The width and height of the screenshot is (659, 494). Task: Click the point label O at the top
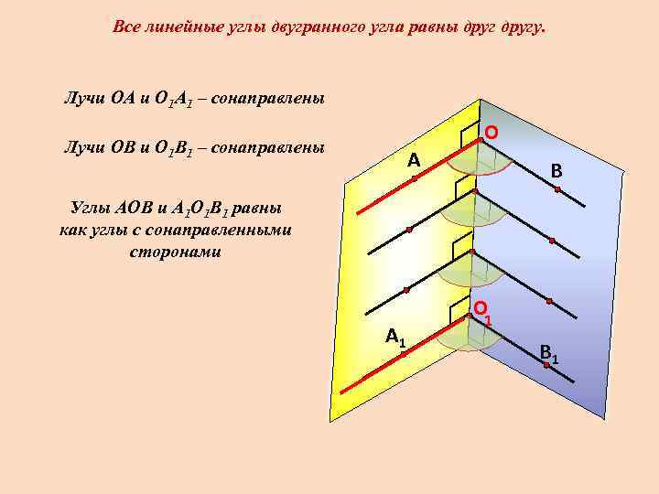tap(492, 134)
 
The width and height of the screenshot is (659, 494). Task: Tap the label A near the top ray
tap(414, 161)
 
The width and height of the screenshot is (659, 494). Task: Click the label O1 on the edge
tap(482, 311)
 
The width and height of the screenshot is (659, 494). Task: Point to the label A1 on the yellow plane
tap(395, 337)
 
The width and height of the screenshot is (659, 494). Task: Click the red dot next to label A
tap(414, 179)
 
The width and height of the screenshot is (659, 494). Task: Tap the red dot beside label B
tap(556, 188)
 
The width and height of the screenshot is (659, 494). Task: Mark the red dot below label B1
tap(545, 364)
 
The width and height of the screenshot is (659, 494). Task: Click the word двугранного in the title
tap(319, 27)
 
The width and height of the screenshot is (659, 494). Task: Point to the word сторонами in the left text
tap(175, 250)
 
